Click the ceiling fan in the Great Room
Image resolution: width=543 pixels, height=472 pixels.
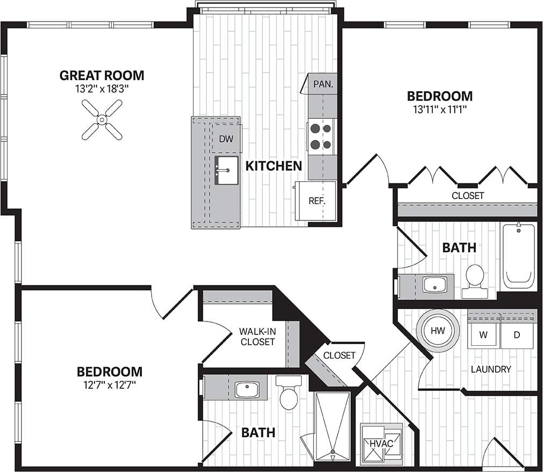point(102,120)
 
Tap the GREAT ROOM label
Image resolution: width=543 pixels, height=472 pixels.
point(102,75)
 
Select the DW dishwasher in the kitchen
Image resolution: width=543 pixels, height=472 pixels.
point(226,139)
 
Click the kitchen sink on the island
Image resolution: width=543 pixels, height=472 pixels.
point(226,170)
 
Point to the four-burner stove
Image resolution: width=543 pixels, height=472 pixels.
point(321,136)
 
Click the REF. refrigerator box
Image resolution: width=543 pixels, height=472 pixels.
point(316,201)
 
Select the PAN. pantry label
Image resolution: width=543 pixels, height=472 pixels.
point(324,84)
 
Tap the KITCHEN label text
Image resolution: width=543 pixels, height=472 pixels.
point(274,166)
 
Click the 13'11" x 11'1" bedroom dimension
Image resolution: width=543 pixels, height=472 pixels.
point(439,110)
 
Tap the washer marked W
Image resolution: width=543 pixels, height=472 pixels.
point(483,335)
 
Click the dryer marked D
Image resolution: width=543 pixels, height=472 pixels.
point(517,335)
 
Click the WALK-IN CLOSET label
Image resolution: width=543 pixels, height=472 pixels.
point(258,337)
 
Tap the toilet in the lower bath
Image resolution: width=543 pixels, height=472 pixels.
point(289,394)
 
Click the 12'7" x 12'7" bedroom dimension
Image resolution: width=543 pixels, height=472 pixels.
point(109,385)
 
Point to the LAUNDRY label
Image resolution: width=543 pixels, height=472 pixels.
point(490,369)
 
